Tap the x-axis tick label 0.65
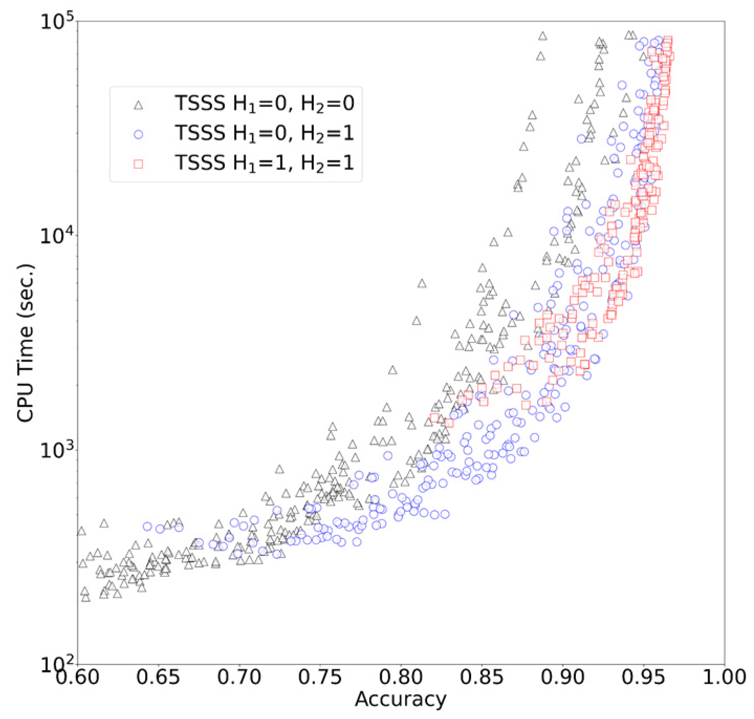tap(158, 677)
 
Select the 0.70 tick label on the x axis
tap(239, 677)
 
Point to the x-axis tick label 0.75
tap(320, 677)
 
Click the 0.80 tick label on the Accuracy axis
tap(401, 677)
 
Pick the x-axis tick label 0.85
tap(482, 677)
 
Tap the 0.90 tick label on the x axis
tap(563, 677)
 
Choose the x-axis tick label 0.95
tap(644, 677)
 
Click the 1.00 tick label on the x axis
tap(725, 677)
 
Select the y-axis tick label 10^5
tap(57, 23)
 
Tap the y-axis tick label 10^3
tap(57, 450)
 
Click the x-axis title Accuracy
tap(401, 699)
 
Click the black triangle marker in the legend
tap(138, 105)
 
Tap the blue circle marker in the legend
tap(138, 135)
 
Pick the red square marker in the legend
tap(138, 164)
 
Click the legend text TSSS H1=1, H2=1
tap(265, 163)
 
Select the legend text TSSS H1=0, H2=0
tap(265, 103)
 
